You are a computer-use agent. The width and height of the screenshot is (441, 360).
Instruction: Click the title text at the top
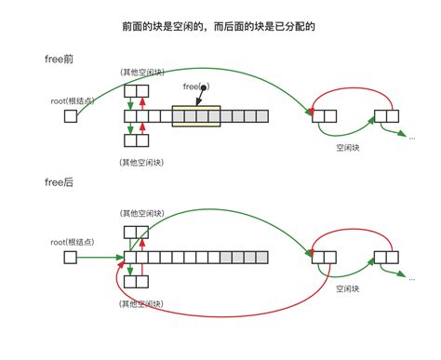(x=219, y=27)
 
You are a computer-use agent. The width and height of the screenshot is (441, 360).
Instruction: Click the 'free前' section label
(x=59, y=60)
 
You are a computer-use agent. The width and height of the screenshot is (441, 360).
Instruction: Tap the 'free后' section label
(x=59, y=182)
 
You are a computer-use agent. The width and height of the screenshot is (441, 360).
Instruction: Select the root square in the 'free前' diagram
(x=70, y=116)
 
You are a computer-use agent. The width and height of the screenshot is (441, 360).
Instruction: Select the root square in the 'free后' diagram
(x=70, y=256)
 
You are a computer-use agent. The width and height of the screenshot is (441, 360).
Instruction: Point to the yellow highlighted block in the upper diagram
(x=195, y=116)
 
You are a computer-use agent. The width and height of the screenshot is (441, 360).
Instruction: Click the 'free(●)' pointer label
(x=196, y=87)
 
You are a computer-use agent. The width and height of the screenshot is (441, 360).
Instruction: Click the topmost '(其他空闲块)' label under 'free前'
(x=142, y=72)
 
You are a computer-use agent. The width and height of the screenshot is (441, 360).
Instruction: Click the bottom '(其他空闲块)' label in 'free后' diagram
(x=142, y=303)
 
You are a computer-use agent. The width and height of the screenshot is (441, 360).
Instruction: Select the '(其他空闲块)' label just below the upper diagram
(x=142, y=162)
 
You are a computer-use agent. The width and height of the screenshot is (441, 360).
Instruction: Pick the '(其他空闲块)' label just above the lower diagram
(x=142, y=212)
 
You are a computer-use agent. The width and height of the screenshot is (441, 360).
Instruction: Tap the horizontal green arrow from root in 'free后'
(x=100, y=256)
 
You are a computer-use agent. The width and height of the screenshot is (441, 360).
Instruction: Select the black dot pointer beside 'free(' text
(x=204, y=87)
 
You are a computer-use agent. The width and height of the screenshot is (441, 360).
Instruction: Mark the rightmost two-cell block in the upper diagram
(x=386, y=116)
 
